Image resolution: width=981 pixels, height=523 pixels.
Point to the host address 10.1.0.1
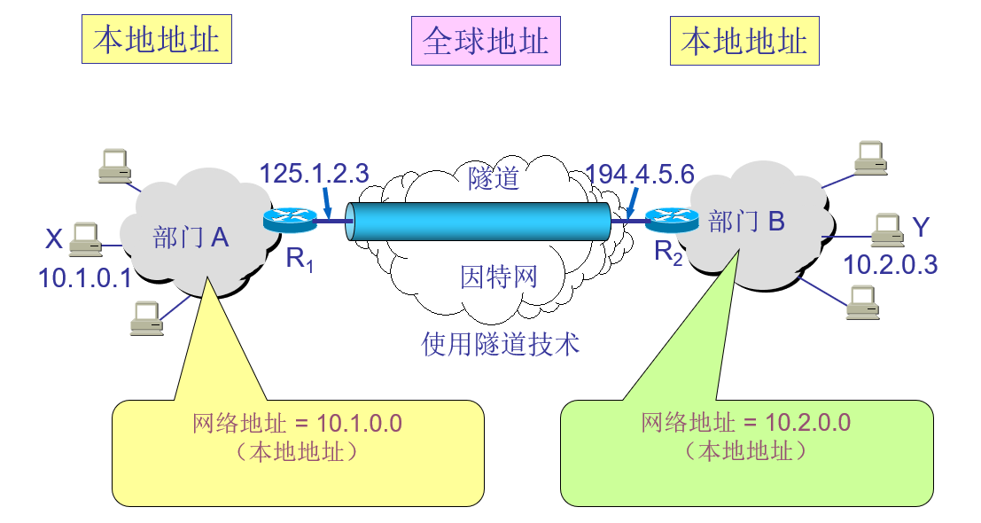click(x=85, y=279)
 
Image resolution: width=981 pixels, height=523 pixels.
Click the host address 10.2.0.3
click(x=890, y=264)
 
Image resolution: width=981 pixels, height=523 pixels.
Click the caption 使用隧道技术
click(x=501, y=343)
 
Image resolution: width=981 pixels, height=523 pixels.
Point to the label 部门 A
click(x=191, y=237)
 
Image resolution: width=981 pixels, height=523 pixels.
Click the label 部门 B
click(x=747, y=222)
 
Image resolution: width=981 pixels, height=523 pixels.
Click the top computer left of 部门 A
click(x=114, y=165)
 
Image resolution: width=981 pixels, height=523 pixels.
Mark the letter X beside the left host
click(x=54, y=238)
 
